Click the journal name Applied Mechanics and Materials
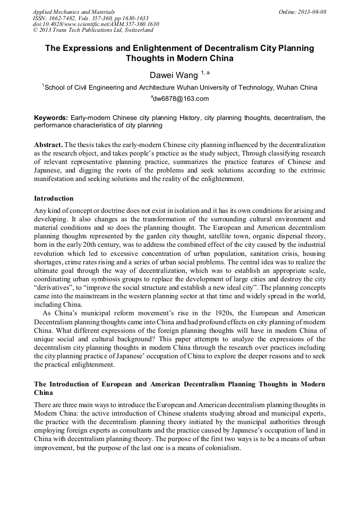click(74, 12)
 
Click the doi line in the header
click(96, 24)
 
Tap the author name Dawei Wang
click(175, 75)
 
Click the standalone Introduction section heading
click(54, 199)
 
